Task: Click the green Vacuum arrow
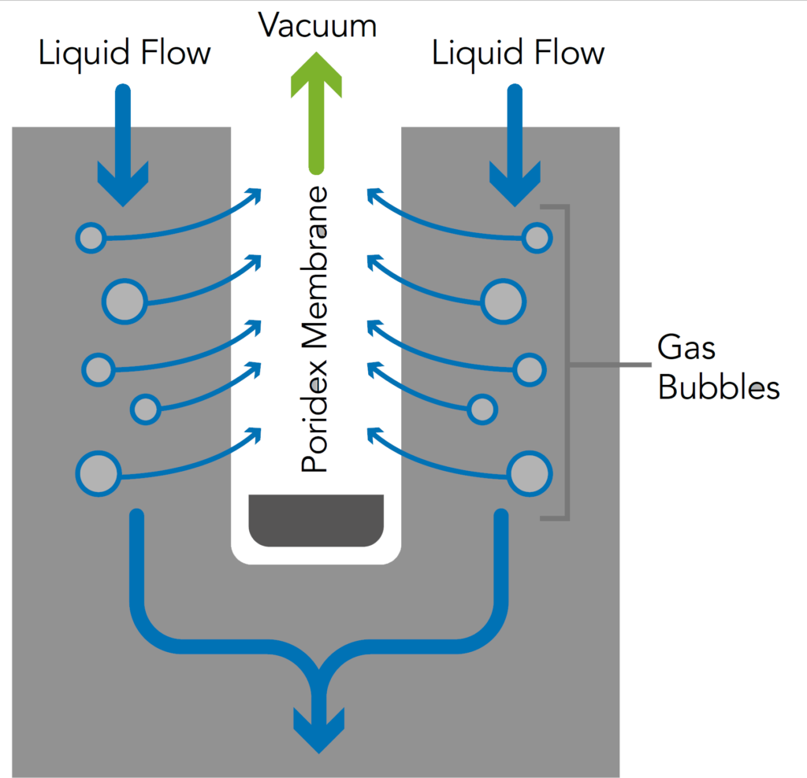(x=316, y=110)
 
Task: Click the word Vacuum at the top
(x=318, y=25)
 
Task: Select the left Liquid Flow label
(x=125, y=54)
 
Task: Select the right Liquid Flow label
(x=518, y=54)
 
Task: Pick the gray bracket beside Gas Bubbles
(x=564, y=362)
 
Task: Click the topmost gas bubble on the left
(x=91, y=237)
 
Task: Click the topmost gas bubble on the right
(x=537, y=237)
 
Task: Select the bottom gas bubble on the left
(x=98, y=473)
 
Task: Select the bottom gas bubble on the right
(x=529, y=473)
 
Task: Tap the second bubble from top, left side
(x=125, y=300)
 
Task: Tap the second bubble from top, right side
(x=504, y=300)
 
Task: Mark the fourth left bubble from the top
(x=145, y=408)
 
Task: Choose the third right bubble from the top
(x=529, y=368)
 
